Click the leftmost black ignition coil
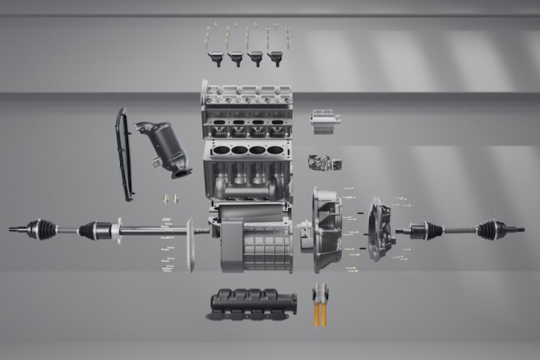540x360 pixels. pos(216,57)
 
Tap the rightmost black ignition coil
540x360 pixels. pos(275,57)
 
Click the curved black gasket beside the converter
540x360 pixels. pos(124,154)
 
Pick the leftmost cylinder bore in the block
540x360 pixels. pos(221,150)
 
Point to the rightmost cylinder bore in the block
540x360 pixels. pos(275,150)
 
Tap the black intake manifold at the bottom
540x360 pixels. pos(251,304)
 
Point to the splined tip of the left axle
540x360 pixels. pos(15,230)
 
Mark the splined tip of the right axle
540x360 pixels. pos(519,230)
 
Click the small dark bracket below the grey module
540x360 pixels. pos(324,162)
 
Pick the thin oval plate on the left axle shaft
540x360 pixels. pos(190,245)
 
